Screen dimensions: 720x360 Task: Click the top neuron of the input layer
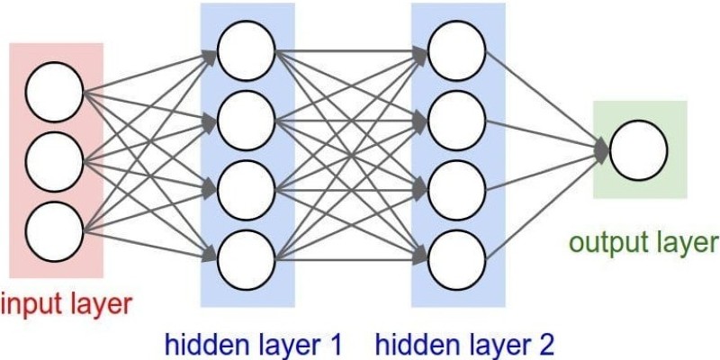coord(54,92)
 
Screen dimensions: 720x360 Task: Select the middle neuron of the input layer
coord(54,162)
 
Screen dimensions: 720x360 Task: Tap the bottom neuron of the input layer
coord(54,231)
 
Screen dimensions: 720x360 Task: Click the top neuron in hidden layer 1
coord(247,50)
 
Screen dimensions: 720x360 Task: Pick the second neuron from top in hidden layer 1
coord(247,121)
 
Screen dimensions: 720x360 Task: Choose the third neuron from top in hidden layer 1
coord(247,190)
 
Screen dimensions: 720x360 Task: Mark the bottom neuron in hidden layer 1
coord(247,260)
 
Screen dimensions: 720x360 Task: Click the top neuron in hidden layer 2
coord(457,50)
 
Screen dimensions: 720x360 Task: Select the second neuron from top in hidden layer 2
coord(457,121)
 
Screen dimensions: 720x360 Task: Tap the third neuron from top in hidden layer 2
coord(457,190)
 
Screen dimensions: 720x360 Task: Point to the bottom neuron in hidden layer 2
coord(457,260)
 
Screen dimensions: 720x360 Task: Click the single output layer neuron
coord(639,150)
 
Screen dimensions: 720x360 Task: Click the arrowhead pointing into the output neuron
coord(601,150)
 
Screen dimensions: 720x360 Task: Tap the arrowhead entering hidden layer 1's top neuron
coord(210,56)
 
